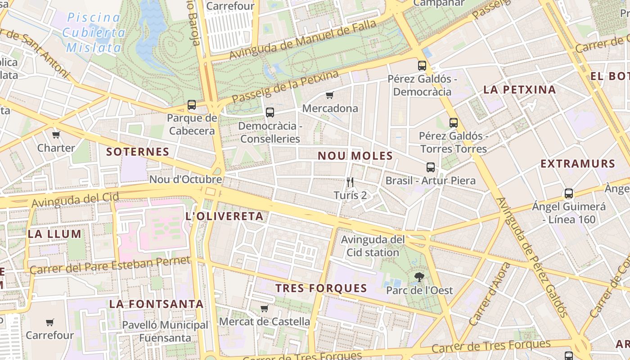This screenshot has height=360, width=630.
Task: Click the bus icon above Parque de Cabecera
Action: [192, 105]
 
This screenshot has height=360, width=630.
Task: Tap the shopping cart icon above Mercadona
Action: [329, 95]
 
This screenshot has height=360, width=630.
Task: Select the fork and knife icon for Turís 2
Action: [350, 182]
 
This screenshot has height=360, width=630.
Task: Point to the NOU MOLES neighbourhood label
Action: [355, 156]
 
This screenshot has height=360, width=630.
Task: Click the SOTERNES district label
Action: [138, 152]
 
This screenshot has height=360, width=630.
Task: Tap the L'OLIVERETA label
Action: [225, 216]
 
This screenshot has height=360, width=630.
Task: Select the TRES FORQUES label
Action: [321, 288]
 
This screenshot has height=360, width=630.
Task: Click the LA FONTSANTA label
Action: [157, 304]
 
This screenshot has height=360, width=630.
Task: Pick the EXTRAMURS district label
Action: [578, 164]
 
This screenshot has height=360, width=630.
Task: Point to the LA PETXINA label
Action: [520, 90]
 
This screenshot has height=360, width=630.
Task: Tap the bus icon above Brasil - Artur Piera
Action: [431, 167]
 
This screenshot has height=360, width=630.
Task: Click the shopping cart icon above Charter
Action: [56, 135]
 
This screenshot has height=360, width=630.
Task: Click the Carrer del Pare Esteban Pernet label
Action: [110, 265]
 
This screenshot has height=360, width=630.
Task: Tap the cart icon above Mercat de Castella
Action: [265, 308]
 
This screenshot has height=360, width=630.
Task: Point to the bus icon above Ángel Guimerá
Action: [569, 193]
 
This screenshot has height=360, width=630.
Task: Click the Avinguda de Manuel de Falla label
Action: [303, 40]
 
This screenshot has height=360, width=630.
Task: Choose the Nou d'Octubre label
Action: [185, 180]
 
